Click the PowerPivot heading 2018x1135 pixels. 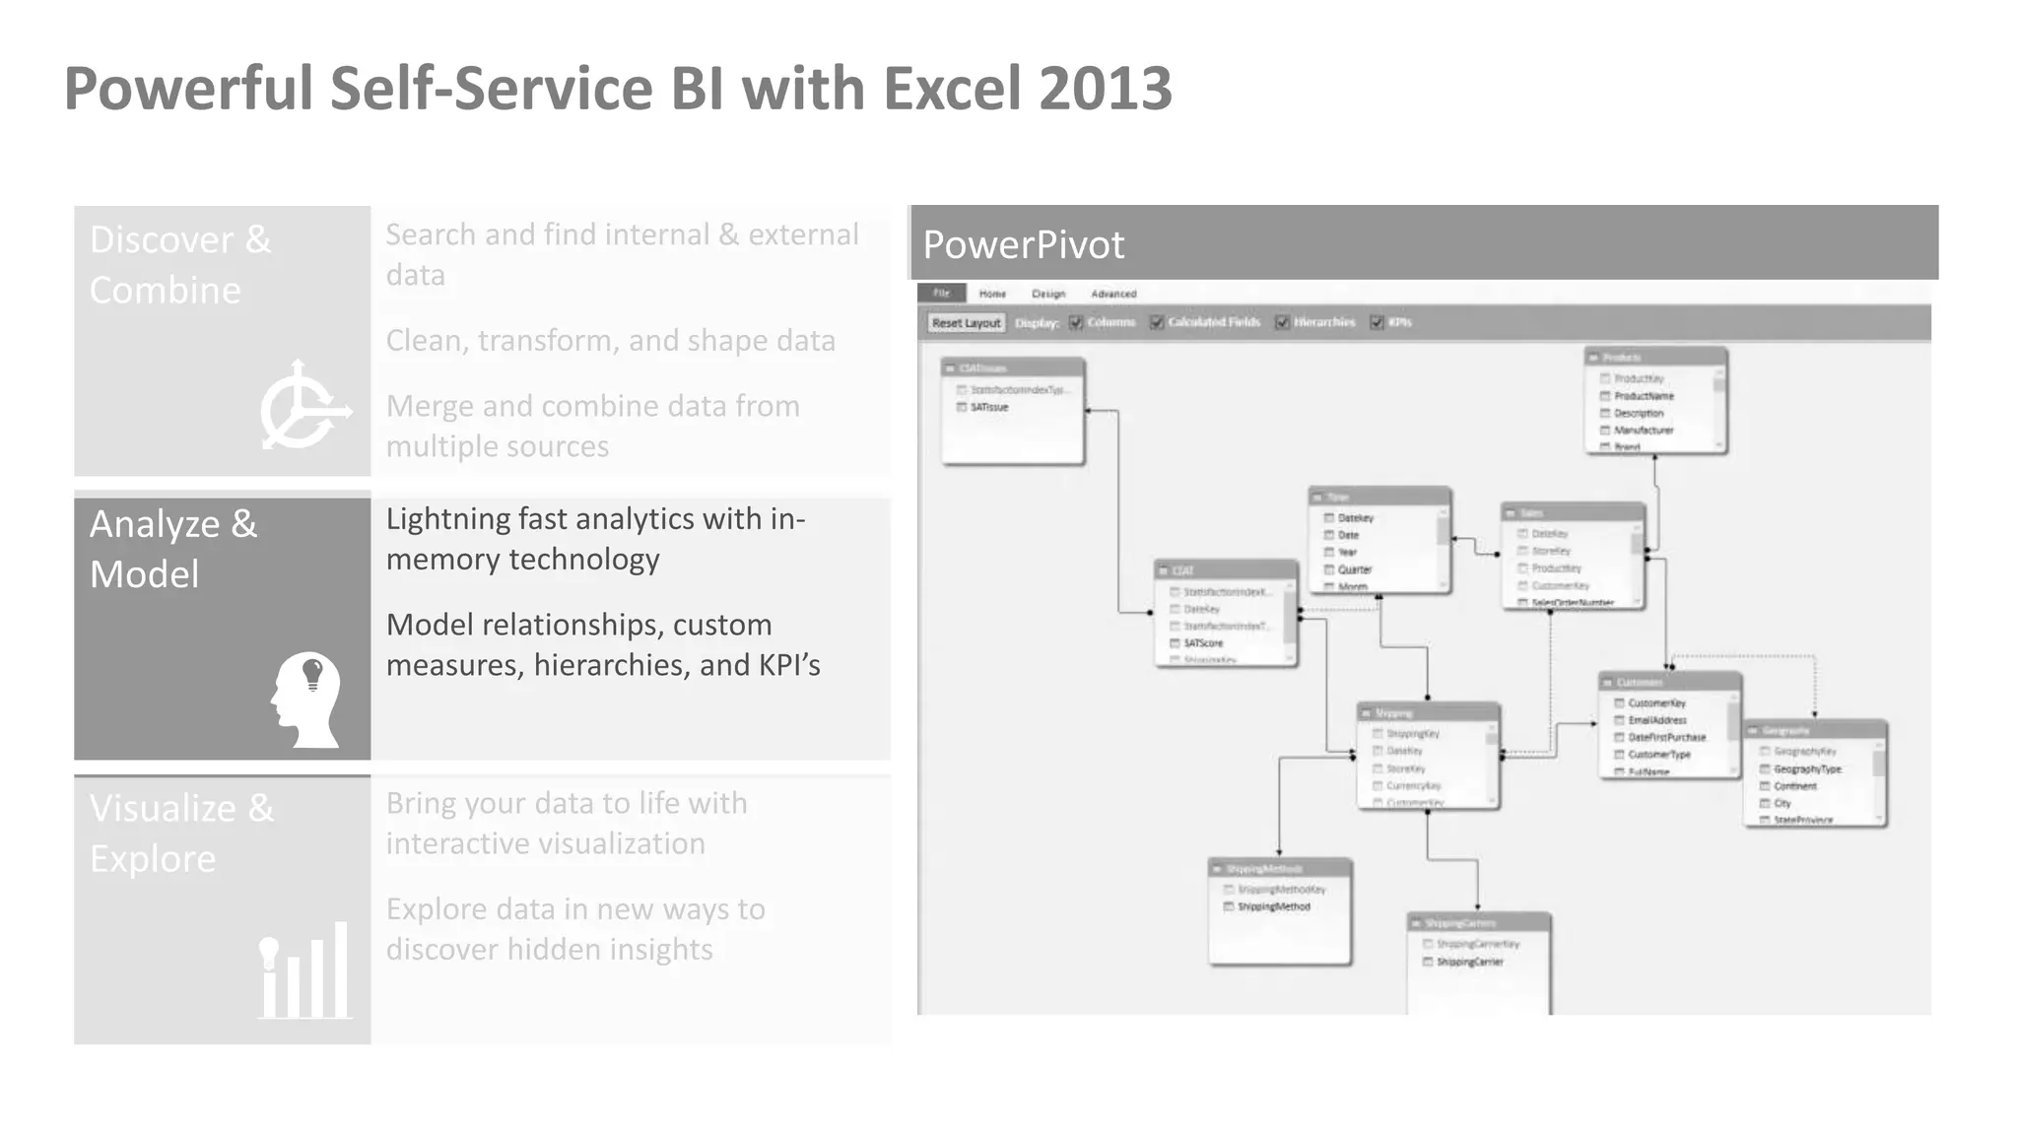(x=1023, y=244)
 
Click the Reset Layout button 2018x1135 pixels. (x=965, y=323)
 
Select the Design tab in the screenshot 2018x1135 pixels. (x=1048, y=294)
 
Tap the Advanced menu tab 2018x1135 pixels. (x=1113, y=294)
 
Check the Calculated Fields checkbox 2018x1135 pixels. (x=1157, y=322)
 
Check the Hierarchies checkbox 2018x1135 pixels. (x=1282, y=322)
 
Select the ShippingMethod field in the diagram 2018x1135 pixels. (x=1273, y=906)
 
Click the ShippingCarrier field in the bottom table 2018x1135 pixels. (x=1469, y=962)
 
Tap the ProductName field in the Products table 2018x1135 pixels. (x=1644, y=396)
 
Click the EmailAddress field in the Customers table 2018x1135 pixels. (x=1656, y=720)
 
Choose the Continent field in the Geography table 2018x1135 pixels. (x=1794, y=786)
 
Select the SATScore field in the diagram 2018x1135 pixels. (x=1202, y=643)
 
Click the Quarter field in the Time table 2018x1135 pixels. (x=1354, y=569)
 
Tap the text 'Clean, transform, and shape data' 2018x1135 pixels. (x=610, y=340)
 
